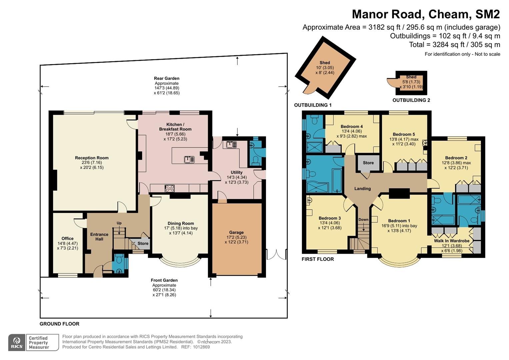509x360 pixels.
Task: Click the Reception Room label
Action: pyautogui.click(x=92, y=158)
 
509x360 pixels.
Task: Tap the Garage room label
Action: pyautogui.click(x=236, y=232)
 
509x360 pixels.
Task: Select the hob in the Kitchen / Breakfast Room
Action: pyautogui.click(x=170, y=188)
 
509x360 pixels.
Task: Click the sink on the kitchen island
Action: pyautogui.click(x=189, y=160)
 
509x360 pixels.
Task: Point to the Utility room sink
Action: pyautogui.click(x=231, y=145)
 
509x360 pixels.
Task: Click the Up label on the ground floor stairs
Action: pyautogui.click(x=119, y=223)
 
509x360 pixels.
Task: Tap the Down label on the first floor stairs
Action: pyautogui.click(x=363, y=220)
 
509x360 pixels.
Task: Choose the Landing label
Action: pyautogui.click(x=362, y=188)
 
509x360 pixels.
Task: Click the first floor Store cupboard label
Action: pyautogui.click(x=368, y=163)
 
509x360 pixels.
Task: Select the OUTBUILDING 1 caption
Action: pyautogui.click(x=313, y=105)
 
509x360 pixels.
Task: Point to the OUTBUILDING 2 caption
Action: pyautogui.click(x=411, y=100)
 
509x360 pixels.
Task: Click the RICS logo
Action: pyautogui.click(x=17, y=342)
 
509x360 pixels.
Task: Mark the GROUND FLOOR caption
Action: pyautogui.click(x=60, y=324)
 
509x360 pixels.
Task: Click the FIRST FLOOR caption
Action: pyautogui.click(x=318, y=259)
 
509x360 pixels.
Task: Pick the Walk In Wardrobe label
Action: pyautogui.click(x=452, y=241)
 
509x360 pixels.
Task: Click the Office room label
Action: pyautogui.click(x=67, y=238)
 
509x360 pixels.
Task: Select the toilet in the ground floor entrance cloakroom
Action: pyautogui.click(x=119, y=258)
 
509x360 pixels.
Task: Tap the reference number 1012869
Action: pyautogui.click(x=201, y=347)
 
